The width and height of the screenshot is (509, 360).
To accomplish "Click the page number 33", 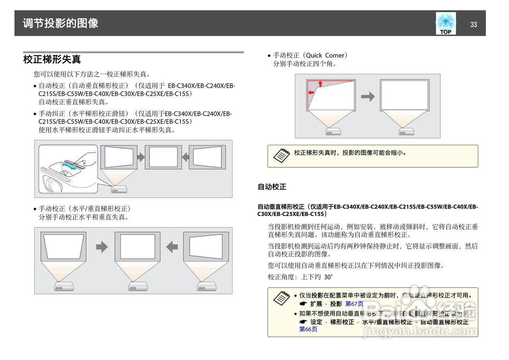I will coord(473,25).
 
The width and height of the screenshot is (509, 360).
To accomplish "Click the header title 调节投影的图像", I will coord(60,23).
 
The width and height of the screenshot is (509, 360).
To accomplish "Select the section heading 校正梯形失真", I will coord(52,60).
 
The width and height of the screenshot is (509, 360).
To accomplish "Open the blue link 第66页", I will coord(308,329).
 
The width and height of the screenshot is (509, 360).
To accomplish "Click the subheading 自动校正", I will coord(272,187).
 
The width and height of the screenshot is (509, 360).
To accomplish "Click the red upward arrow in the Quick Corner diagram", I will coord(320,84).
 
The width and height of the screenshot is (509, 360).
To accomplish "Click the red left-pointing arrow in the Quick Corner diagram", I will coord(311,92).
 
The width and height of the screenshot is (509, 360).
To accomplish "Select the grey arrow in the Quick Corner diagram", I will coord(368,97).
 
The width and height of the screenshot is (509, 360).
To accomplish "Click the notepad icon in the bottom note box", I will coord(282,298).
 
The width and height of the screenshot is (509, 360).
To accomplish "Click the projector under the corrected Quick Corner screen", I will coord(406,131).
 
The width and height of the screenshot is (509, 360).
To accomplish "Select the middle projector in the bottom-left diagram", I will coord(138,286).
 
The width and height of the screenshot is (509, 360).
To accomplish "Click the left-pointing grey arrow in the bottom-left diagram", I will coord(172,247).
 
